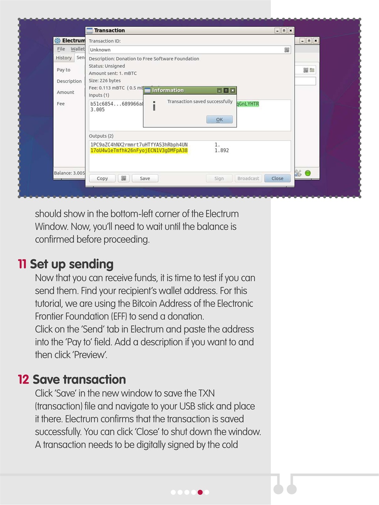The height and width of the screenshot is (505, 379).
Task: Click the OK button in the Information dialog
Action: click(219, 120)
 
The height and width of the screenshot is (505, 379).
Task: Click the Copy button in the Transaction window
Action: click(102, 178)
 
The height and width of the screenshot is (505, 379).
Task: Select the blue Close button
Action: click(277, 178)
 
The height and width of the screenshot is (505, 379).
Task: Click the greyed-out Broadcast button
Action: click(248, 178)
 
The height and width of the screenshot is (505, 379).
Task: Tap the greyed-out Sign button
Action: click(219, 178)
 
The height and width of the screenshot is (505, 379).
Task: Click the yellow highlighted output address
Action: click(139, 151)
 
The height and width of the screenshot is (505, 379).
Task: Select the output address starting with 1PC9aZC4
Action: click(139, 144)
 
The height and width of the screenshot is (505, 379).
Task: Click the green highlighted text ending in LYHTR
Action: click(248, 104)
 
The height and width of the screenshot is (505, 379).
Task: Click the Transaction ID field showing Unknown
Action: click(186, 50)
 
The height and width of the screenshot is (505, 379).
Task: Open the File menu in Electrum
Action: click(61, 49)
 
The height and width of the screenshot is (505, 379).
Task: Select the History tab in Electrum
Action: click(64, 58)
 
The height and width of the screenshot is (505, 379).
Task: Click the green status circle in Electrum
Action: click(308, 173)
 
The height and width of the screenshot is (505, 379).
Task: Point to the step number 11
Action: click(22, 264)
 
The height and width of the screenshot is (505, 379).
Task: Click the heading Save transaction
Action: click(79, 380)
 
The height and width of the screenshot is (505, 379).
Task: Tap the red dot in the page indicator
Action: click(200, 492)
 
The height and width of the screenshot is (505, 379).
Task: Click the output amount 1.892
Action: click(221, 151)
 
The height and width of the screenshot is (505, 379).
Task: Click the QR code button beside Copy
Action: click(124, 178)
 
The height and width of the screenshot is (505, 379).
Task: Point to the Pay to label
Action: click(64, 70)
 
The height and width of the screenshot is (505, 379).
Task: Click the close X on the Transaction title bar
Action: click(291, 30)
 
